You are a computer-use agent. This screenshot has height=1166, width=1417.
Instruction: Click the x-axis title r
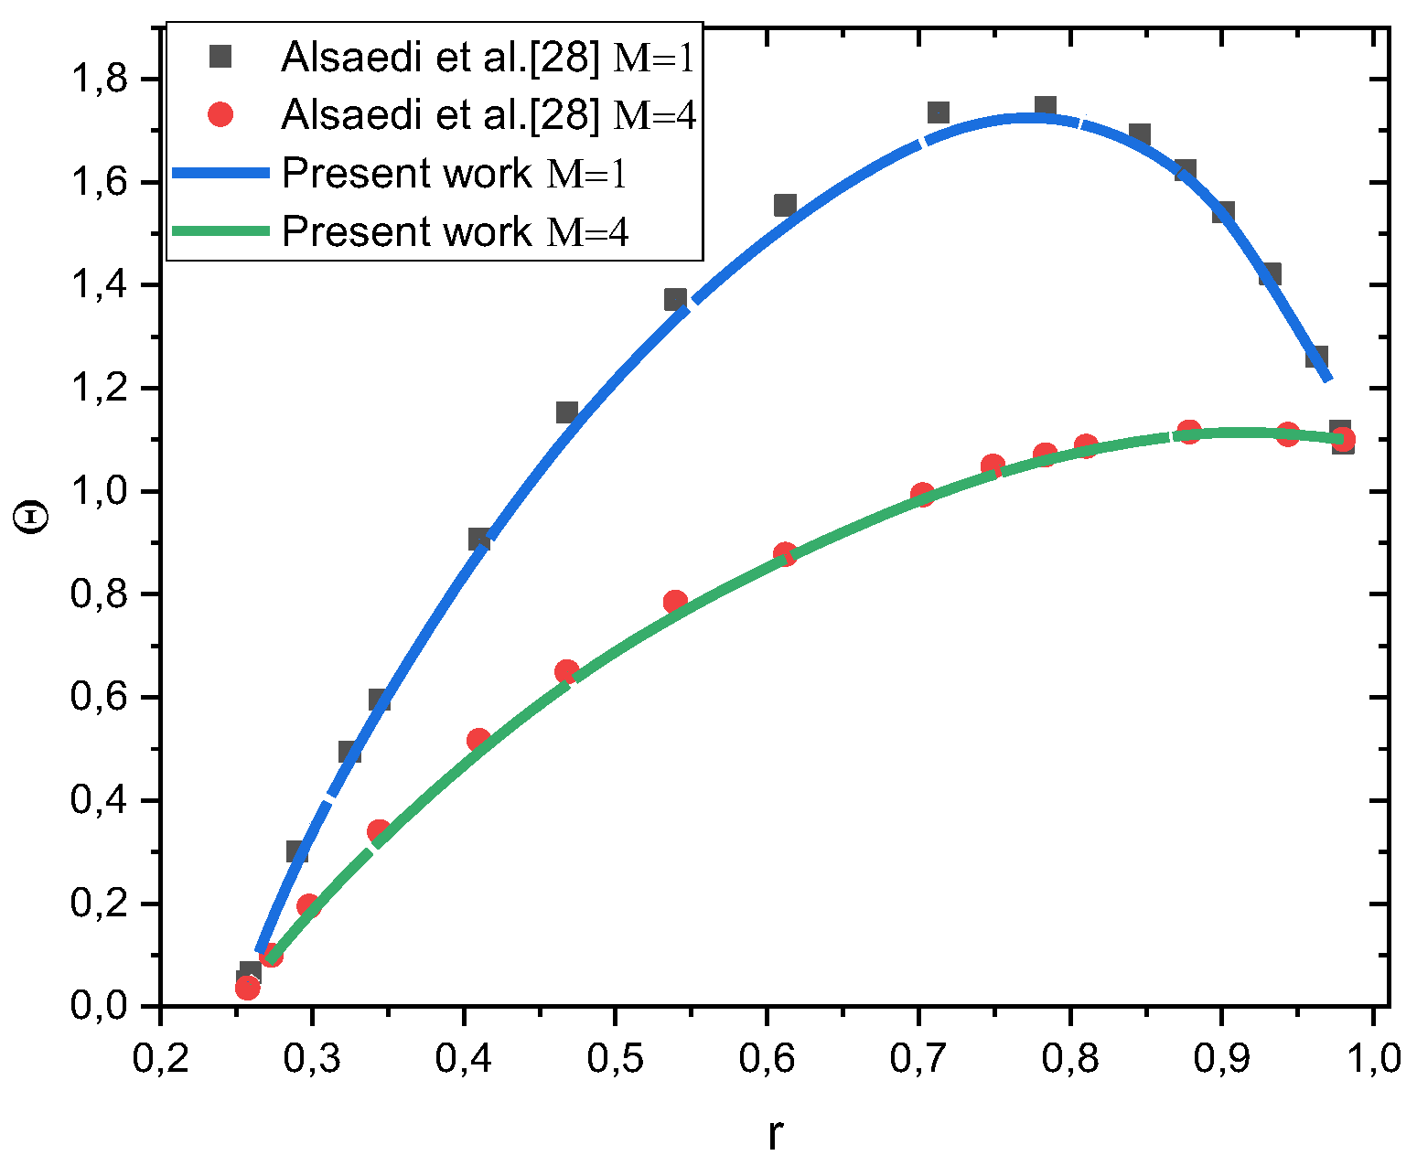tap(776, 1134)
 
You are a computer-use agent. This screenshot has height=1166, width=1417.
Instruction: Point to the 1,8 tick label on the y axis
tap(99, 80)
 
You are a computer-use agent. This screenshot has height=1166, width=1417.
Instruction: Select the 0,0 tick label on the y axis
tap(99, 1007)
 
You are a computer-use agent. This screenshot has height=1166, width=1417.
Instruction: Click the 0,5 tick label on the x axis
tap(615, 1058)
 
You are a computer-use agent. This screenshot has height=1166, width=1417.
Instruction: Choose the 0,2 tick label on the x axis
tap(161, 1058)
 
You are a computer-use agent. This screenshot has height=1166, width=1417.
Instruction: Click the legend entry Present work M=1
tap(455, 173)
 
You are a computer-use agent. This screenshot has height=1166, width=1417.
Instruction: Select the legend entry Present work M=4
tap(455, 231)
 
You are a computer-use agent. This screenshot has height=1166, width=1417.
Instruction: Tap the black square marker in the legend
tap(220, 57)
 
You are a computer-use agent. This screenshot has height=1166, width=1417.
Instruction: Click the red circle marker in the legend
tap(220, 115)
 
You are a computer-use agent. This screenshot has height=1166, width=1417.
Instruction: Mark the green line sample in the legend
tap(220, 231)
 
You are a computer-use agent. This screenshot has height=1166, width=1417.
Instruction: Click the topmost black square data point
tap(1046, 107)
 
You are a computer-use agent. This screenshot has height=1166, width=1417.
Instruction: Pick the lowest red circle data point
tap(247, 988)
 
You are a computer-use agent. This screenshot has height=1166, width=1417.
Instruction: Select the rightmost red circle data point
tap(1343, 440)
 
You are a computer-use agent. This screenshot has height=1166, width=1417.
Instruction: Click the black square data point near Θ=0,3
tap(297, 851)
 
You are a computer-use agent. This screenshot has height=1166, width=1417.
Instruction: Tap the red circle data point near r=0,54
tap(675, 602)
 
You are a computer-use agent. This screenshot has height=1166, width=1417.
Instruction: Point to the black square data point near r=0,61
tap(785, 205)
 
